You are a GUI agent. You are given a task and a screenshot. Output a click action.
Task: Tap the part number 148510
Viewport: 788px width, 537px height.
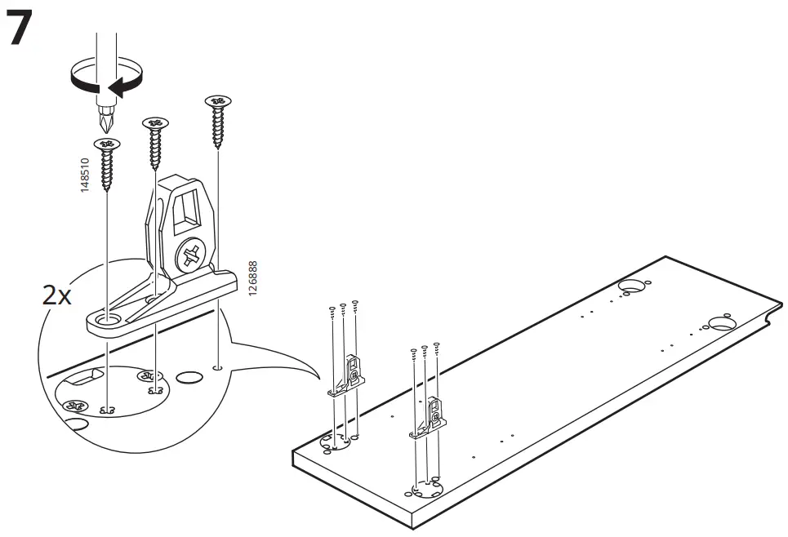pyautogui.click(x=85, y=175)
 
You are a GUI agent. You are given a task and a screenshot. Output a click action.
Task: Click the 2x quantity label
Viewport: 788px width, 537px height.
pyautogui.click(x=56, y=295)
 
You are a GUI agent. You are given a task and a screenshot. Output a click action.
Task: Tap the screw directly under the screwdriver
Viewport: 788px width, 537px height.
pyautogui.click(x=107, y=163)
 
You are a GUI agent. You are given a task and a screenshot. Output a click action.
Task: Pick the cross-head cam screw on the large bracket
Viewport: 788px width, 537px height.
pyautogui.click(x=190, y=255)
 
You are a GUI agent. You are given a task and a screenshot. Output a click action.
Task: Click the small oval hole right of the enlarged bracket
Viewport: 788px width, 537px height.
pyautogui.click(x=189, y=378)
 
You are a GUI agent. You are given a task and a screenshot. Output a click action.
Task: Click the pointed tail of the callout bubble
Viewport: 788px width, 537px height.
pyautogui.click(x=314, y=377)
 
